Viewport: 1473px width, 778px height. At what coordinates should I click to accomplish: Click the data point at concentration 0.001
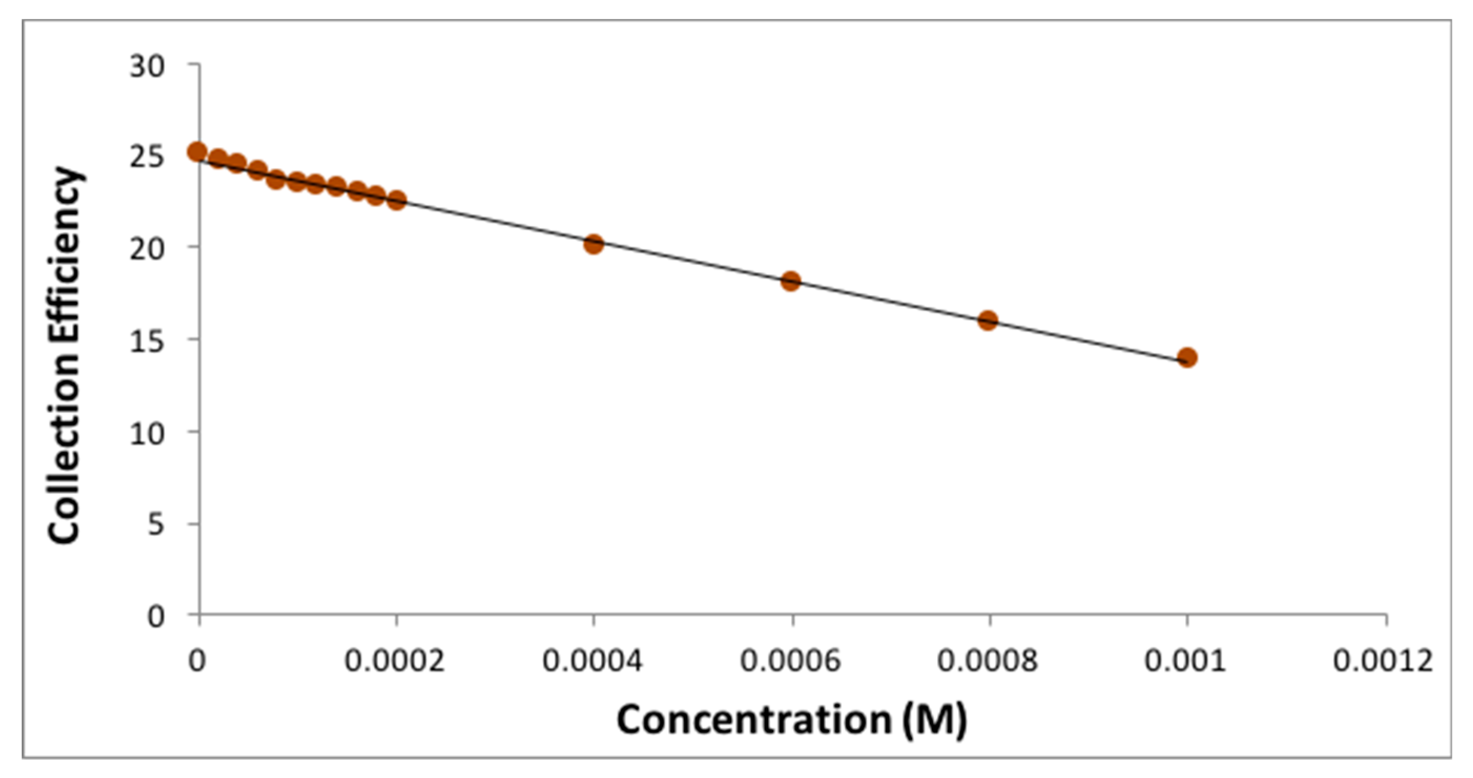[1187, 358]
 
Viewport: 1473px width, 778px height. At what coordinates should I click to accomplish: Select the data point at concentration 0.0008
[988, 320]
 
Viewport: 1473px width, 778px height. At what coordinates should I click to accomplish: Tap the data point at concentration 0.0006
[790, 281]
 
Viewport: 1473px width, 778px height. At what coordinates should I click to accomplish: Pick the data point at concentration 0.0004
[594, 245]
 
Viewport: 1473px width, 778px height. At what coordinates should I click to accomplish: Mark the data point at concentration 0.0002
[397, 201]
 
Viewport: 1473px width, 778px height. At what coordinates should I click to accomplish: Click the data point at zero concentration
[198, 152]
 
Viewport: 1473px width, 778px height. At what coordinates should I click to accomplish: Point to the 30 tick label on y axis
[147, 67]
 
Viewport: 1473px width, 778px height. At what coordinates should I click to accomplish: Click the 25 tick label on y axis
[147, 158]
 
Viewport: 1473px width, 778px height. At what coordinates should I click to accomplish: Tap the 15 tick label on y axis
[147, 341]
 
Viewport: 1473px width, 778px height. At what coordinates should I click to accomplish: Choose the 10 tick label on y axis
[147, 433]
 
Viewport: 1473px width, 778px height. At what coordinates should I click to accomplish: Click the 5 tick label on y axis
[156, 525]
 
